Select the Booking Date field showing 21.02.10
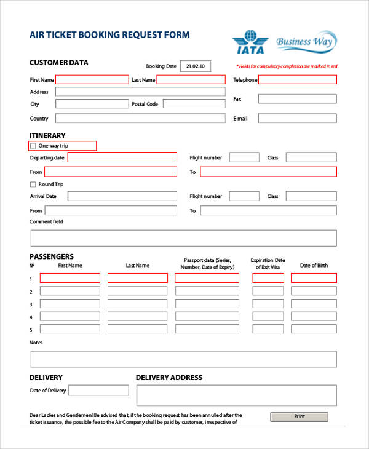pyautogui.click(x=195, y=66)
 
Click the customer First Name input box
pyautogui.click(x=92, y=79)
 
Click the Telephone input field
pyautogui.click(x=298, y=79)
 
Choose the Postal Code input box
pyautogui.click(x=194, y=104)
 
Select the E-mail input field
pyautogui.click(x=297, y=118)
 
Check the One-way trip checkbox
pyautogui.click(x=33, y=146)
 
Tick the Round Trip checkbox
pyautogui.click(x=33, y=185)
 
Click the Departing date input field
pyautogui.click(x=122, y=157)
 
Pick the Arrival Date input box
pyautogui.click(x=122, y=196)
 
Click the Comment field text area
pyautogui.click(x=183, y=238)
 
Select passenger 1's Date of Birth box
pyautogui.click(x=314, y=278)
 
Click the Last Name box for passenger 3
pyautogui.click(x=138, y=304)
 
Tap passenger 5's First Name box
pyautogui.click(x=70, y=330)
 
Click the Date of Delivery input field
pyautogui.click(x=98, y=391)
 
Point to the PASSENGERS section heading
pyautogui.click(x=52, y=256)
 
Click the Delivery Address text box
pyautogui.click(x=236, y=395)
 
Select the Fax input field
pyautogui.click(x=297, y=99)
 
